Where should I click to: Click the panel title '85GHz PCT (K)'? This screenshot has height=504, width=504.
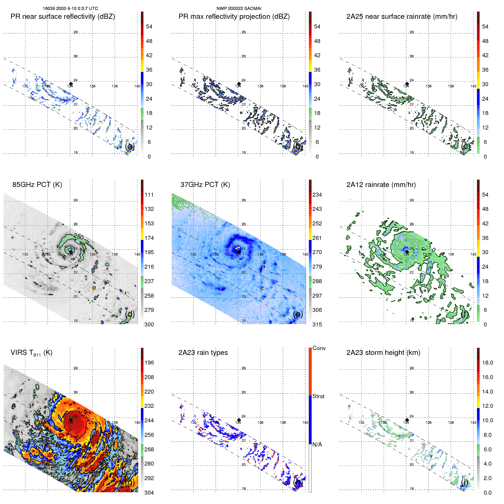[x=37, y=185]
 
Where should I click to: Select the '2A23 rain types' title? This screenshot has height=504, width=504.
[x=203, y=353]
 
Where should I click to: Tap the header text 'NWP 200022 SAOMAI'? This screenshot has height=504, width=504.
[x=239, y=9]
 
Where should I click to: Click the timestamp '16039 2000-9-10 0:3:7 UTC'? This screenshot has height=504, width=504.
[x=70, y=9]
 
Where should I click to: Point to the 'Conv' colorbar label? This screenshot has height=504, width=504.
[x=319, y=348]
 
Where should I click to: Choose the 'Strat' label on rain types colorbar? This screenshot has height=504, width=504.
[x=318, y=396]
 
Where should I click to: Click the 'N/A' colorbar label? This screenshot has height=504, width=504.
[x=317, y=445]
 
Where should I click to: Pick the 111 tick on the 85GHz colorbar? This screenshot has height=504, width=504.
[x=149, y=195]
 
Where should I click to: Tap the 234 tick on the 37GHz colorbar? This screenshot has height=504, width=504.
[x=317, y=195]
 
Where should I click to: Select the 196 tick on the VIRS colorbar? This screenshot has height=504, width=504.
[x=149, y=363]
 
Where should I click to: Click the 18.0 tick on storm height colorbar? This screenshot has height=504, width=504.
[x=487, y=363]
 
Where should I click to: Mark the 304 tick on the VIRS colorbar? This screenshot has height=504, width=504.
[x=149, y=493]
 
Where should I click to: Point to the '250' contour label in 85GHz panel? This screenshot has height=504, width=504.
[x=79, y=237]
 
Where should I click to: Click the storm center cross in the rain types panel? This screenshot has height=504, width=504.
[x=239, y=420]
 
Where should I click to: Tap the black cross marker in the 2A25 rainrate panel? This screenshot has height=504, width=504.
[x=407, y=84]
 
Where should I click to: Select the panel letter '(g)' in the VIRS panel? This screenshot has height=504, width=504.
[x=130, y=482]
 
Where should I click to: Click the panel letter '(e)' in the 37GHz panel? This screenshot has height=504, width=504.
[x=298, y=314]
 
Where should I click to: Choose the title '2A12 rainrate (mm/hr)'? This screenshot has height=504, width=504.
[x=381, y=185]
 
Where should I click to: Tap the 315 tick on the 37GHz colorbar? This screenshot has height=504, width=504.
[x=317, y=325]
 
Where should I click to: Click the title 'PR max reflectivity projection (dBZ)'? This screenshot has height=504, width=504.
[x=234, y=17]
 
